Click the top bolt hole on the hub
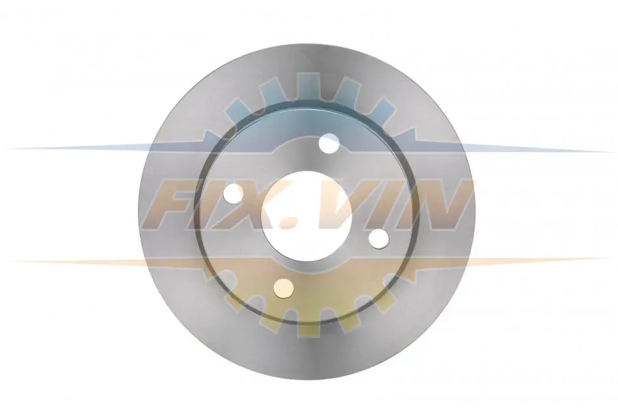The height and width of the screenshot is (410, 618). point(329,144)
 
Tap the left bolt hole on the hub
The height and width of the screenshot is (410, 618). point(233,194)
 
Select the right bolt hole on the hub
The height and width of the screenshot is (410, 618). point(379,238)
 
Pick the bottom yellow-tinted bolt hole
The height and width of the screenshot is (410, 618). point(284,288)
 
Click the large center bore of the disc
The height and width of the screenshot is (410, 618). point(306,216)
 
